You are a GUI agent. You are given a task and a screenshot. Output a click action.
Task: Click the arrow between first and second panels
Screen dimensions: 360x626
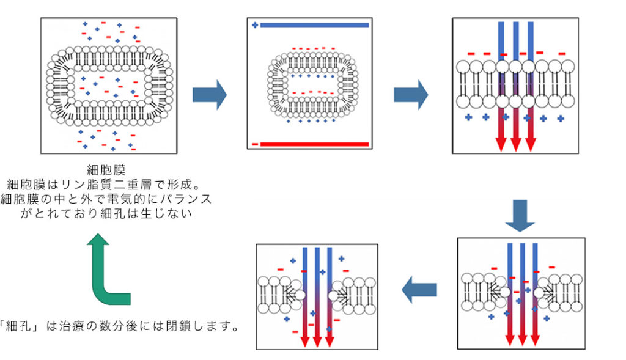pos(209,94)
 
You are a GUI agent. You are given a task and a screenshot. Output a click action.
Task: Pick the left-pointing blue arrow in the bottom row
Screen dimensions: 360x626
pos(419,289)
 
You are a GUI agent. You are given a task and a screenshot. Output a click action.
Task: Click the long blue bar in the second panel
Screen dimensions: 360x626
pos(315,25)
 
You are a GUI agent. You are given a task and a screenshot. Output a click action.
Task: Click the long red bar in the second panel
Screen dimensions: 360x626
pos(315,144)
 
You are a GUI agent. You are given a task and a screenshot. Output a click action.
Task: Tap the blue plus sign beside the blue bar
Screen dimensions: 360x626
pos(254,25)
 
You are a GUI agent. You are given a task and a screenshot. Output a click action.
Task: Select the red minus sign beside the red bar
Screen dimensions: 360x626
pos(254,144)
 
